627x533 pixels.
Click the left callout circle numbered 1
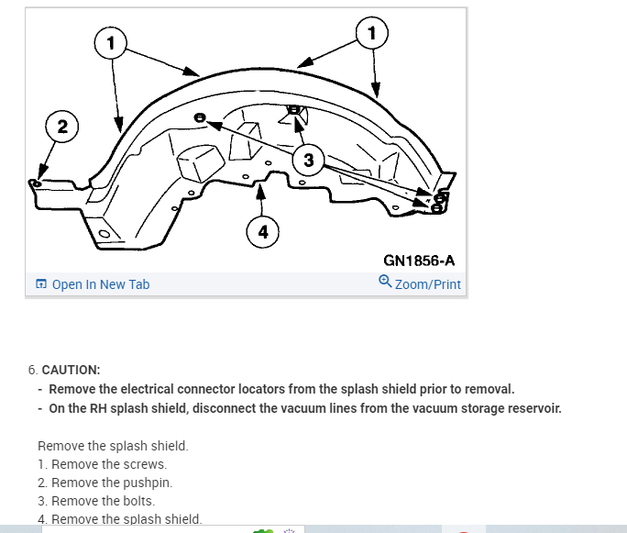[x=110, y=42]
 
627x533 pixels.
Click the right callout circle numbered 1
[x=371, y=33]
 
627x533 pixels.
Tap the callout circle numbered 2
[x=61, y=128]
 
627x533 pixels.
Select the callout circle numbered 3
[x=308, y=161]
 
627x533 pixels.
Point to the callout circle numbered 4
[x=263, y=232]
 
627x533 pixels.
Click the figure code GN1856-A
[x=419, y=260]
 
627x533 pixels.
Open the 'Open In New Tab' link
[x=100, y=284]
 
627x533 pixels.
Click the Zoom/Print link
[x=427, y=284]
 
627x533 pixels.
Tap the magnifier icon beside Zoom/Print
[x=385, y=283]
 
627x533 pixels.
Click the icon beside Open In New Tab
[x=40, y=284]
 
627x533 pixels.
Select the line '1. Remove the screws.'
[x=102, y=464]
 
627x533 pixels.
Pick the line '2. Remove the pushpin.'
[x=104, y=483]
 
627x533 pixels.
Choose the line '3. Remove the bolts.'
[x=96, y=501]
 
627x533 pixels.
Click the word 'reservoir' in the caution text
[x=531, y=407]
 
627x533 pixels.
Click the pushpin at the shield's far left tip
[x=36, y=183]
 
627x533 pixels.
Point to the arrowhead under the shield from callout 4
[x=261, y=190]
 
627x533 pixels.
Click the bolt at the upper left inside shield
[x=200, y=119]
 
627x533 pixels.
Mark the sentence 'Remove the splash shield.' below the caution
[x=113, y=446]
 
